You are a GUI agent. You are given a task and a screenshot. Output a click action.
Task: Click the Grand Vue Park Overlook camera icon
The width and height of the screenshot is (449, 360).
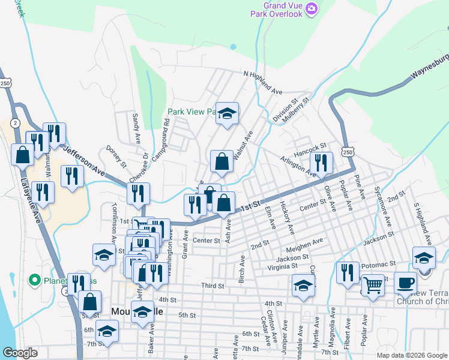point(312,8)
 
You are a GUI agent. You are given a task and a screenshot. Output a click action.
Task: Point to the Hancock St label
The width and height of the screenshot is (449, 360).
point(310,146)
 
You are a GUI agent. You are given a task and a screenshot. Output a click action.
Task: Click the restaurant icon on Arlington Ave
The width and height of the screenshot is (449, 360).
point(321,162)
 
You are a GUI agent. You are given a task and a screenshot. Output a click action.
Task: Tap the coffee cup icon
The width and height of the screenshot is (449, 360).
point(406,281)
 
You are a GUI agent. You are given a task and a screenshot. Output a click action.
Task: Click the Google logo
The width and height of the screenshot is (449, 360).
point(20,353)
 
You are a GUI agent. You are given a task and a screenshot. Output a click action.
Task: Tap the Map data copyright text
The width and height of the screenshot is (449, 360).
point(411,355)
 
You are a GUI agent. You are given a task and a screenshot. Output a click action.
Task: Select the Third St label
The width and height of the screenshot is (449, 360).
point(212,286)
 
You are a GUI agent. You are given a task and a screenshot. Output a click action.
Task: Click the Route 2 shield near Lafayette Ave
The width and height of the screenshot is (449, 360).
point(14,122)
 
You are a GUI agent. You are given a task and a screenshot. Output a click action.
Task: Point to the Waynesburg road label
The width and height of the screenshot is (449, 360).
point(429,67)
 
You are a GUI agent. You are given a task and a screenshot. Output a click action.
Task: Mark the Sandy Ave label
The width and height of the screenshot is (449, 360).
point(136,127)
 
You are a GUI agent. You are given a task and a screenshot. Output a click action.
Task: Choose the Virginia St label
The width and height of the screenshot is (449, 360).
point(282,265)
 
